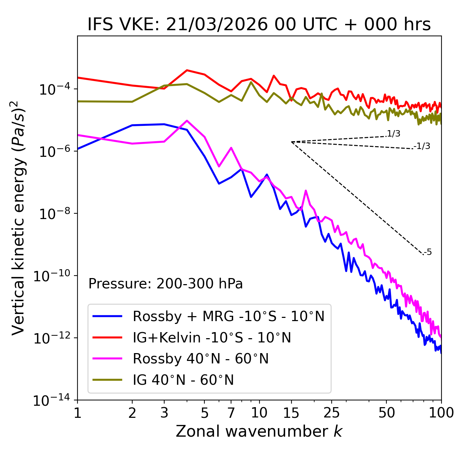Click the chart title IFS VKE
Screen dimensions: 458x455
259,25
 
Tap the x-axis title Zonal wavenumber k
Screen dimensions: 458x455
259,431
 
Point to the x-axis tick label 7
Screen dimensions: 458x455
231,412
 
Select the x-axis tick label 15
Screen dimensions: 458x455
291,412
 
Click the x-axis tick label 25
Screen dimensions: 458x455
332,412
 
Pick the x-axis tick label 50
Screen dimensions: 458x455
386,412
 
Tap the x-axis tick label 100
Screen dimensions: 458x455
441,412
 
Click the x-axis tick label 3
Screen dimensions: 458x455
164,412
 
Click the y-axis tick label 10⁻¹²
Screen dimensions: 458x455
53,338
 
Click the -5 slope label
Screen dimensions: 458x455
428,252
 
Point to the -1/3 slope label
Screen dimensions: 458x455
422,146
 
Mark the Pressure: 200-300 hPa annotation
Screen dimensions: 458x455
165,284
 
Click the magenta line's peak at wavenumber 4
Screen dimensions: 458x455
187,121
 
